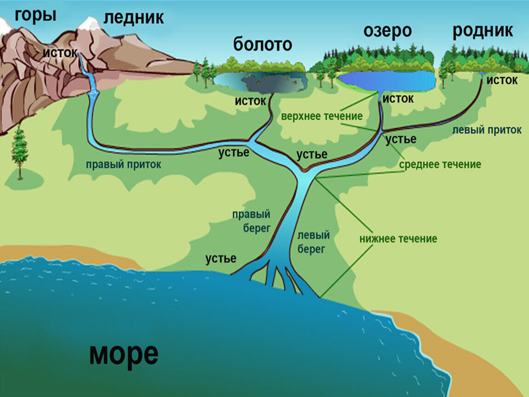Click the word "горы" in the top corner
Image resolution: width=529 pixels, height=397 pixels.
click(x=35, y=16)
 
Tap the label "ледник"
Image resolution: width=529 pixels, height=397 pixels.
click(x=133, y=17)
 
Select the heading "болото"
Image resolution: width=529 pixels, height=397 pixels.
click(x=262, y=45)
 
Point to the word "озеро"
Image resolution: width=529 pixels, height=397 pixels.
click(x=387, y=31)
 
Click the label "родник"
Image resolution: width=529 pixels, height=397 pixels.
click(x=483, y=31)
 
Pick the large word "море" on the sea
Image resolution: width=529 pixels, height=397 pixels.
click(x=124, y=354)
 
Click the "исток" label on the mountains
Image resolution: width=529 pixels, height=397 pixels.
click(x=60, y=52)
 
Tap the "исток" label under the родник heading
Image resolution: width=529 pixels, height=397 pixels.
click(x=502, y=80)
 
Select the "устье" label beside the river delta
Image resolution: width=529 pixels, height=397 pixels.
click(x=221, y=259)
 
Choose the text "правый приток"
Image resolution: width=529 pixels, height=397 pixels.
click(x=124, y=164)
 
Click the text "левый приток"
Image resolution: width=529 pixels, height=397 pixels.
click(x=487, y=130)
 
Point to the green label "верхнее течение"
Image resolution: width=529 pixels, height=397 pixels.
click(x=322, y=116)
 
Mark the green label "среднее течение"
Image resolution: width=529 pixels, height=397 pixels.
click(x=440, y=164)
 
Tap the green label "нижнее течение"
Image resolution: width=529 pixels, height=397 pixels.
click(x=398, y=239)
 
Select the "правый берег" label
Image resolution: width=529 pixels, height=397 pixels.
click(x=251, y=221)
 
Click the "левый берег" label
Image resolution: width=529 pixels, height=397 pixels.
click(x=313, y=242)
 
